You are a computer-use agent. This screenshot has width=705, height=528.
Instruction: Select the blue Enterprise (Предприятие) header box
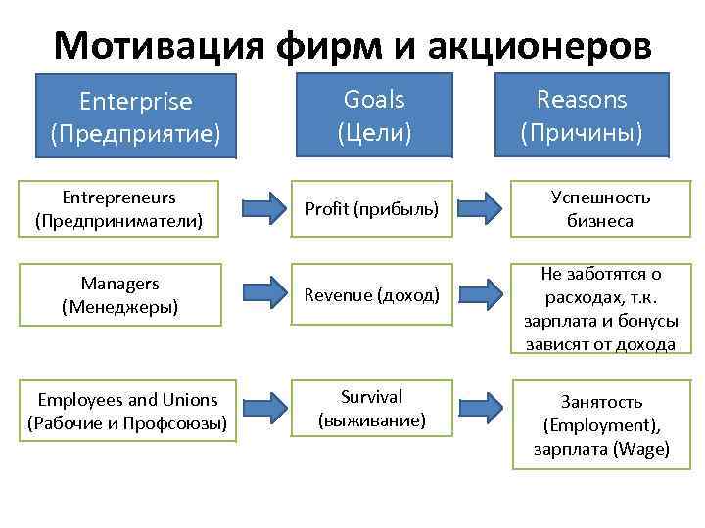pos(136,115)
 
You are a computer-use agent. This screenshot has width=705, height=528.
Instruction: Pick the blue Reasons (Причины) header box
pos(582,113)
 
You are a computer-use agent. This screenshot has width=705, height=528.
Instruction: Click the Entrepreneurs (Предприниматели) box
pos(118,209)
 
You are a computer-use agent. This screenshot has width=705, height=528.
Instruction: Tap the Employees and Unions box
pos(127,412)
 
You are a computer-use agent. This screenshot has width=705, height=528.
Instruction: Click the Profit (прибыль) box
pos(371,209)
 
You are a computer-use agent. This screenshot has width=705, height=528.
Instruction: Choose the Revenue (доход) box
pos(371,294)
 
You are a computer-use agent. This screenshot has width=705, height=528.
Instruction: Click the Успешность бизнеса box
pos(599,209)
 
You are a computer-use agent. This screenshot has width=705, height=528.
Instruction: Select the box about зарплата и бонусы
pos(599,308)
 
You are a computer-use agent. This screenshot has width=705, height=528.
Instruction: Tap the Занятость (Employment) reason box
pos(601,424)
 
